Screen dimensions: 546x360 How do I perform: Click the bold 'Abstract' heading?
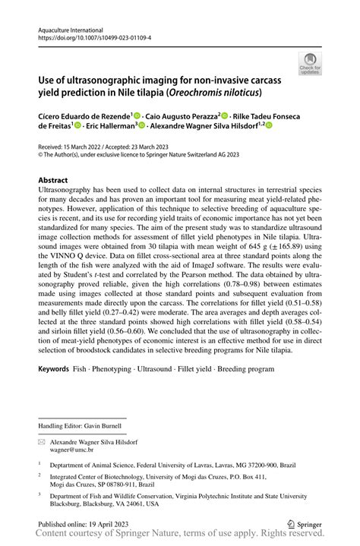(x=58, y=181)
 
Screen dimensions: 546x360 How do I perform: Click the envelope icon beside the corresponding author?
(x=43, y=440)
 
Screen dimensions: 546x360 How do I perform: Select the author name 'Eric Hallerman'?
(x=109, y=126)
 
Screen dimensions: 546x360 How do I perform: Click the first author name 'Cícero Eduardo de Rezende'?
(x=87, y=115)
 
